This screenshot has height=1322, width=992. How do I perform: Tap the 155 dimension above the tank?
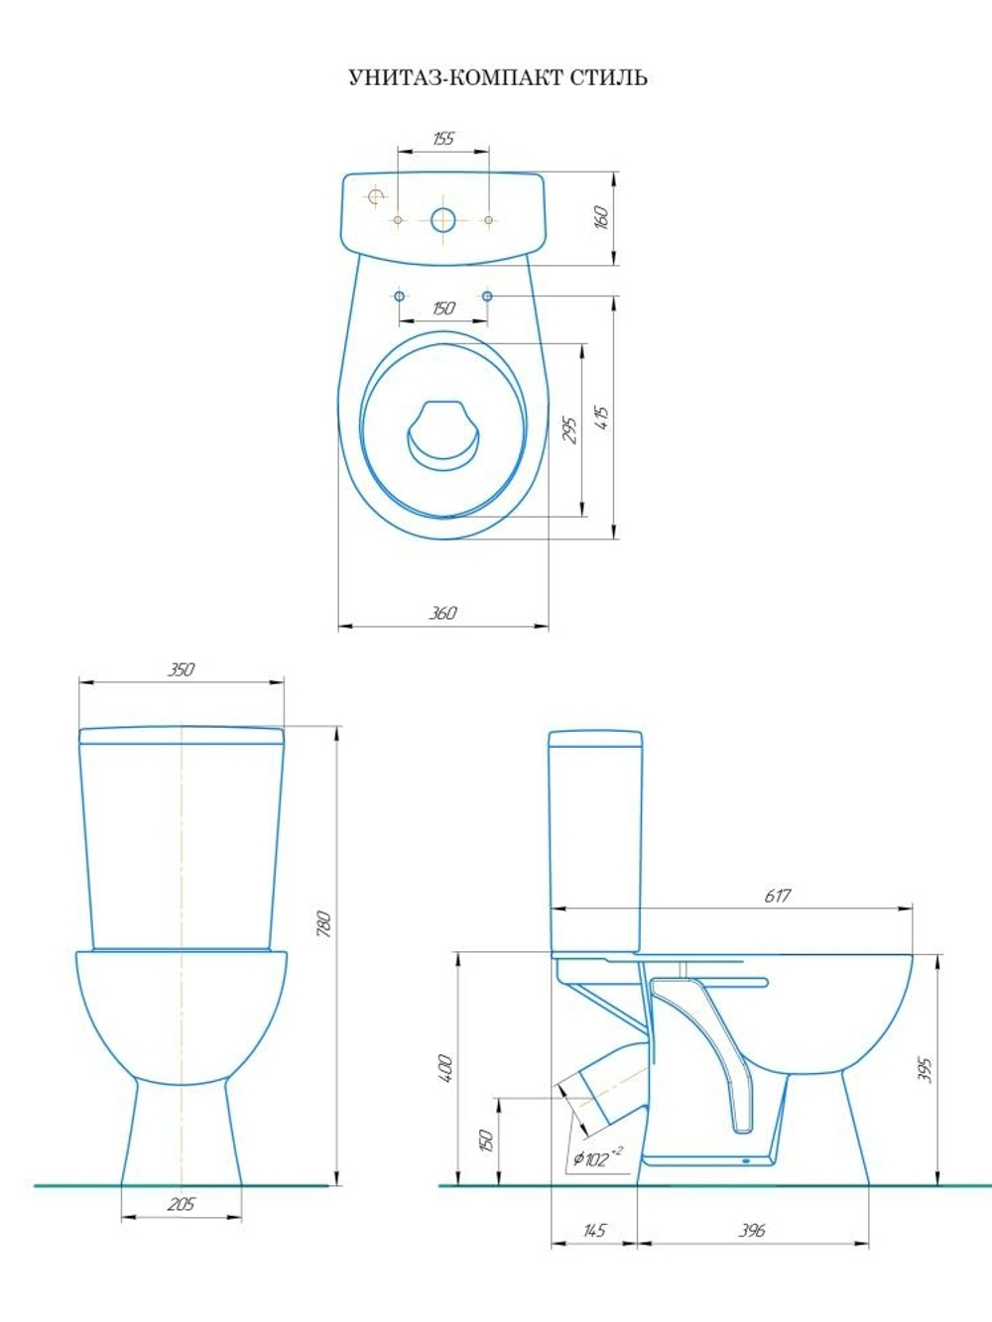coord(443,139)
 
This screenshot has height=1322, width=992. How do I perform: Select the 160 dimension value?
coord(601,217)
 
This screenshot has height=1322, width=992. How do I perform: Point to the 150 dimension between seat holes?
coord(443,308)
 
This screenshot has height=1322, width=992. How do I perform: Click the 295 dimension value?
coord(569,430)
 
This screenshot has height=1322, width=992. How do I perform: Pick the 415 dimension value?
coord(602,418)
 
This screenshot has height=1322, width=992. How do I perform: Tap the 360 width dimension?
coord(443,613)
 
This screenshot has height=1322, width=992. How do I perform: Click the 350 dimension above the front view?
coord(181,669)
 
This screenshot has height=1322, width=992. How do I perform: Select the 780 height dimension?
coord(324,924)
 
